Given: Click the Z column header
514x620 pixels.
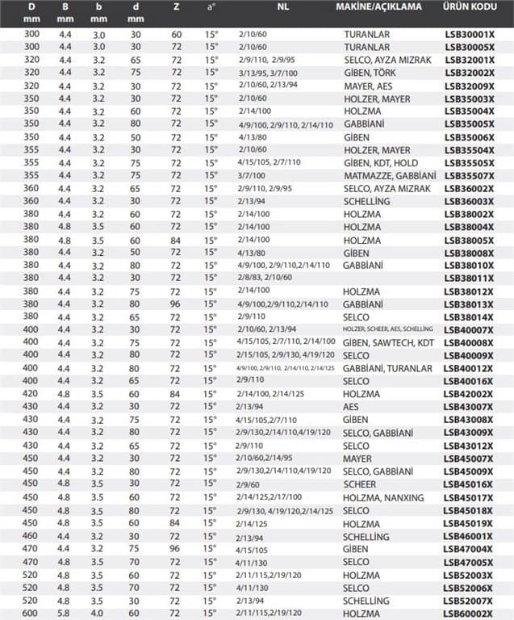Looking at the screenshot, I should [x=177, y=6].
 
